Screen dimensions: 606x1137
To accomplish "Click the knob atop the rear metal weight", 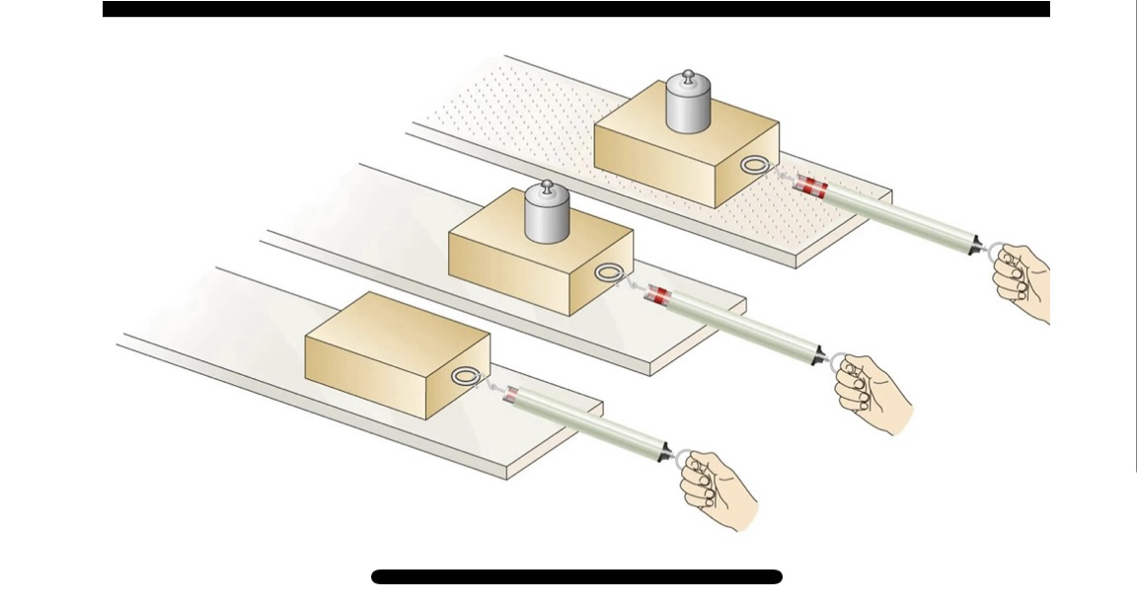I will click(x=689, y=76).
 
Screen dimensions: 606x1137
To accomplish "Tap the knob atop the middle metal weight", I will click(x=543, y=187).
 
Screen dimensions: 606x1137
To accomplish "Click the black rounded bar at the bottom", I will click(x=576, y=576).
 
